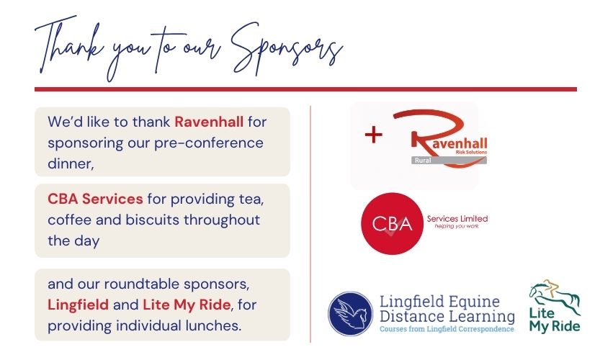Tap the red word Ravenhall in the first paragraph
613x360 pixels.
(x=209, y=122)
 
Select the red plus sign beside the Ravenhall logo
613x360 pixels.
(x=373, y=135)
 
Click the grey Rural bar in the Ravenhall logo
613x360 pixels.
(x=449, y=161)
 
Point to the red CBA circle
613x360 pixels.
(x=392, y=224)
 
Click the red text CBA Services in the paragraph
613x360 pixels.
(x=95, y=199)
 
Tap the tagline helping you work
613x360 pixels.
(x=456, y=226)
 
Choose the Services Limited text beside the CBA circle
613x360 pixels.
(x=457, y=218)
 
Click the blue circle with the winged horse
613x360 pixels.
(x=350, y=313)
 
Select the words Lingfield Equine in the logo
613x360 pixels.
(x=439, y=302)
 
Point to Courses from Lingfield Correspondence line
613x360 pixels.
(x=447, y=329)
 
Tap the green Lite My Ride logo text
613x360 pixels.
(x=555, y=320)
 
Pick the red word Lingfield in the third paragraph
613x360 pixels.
(x=78, y=305)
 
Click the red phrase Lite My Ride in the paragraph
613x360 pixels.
(x=187, y=305)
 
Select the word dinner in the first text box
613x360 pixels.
(x=70, y=163)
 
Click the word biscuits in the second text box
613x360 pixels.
(x=153, y=220)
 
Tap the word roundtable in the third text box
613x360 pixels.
(x=141, y=284)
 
